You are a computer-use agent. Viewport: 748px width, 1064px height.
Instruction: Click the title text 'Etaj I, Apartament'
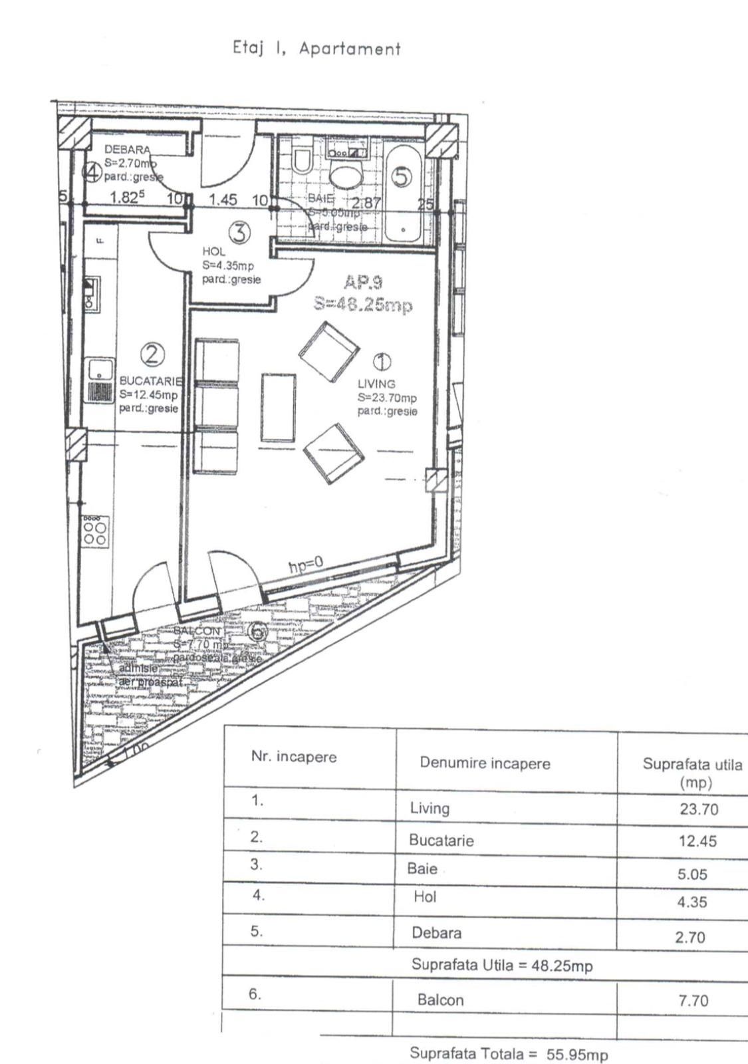click(x=316, y=49)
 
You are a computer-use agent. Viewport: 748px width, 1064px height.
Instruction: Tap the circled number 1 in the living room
click(x=382, y=362)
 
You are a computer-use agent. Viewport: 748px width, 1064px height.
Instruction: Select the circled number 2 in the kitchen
click(x=152, y=354)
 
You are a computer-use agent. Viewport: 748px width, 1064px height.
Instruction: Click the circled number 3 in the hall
click(x=240, y=232)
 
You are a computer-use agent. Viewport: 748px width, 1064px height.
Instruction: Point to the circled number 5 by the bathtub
click(x=402, y=176)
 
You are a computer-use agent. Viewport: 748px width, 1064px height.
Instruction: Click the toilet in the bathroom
click(x=303, y=160)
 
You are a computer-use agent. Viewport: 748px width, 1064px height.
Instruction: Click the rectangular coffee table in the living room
click(x=278, y=408)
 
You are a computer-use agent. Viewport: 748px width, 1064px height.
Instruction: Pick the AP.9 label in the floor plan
click(x=364, y=283)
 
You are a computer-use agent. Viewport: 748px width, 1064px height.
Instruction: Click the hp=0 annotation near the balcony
click(x=306, y=565)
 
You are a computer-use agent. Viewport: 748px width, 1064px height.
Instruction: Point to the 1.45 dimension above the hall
click(x=223, y=199)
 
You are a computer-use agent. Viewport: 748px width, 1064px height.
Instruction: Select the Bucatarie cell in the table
click(x=441, y=841)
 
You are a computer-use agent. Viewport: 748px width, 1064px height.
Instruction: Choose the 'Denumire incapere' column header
click(x=485, y=763)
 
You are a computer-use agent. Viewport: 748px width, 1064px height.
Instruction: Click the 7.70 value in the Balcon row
click(x=693, y=1000)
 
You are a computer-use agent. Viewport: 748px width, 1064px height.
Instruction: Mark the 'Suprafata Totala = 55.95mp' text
click(x=509, y=1054)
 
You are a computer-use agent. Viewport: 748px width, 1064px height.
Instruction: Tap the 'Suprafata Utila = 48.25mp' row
click(x=502, y=965)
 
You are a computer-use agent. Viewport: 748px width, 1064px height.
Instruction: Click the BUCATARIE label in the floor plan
click(x=150, y=381)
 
